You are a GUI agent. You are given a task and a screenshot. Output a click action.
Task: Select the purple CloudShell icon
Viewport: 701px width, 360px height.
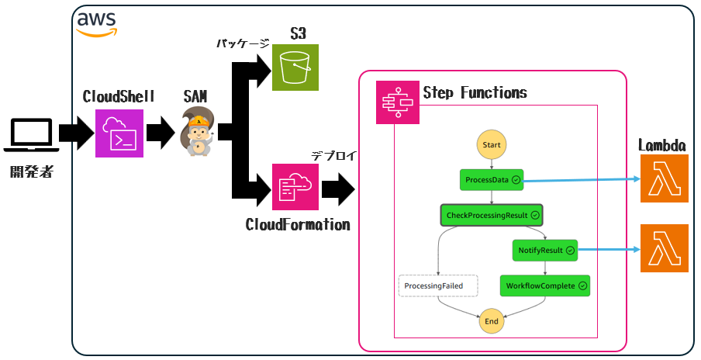point(119,133)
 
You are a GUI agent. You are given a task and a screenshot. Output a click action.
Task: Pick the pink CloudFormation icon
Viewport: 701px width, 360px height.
point(295,187)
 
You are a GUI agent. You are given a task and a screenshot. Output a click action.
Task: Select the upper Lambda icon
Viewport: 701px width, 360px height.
point(664,179)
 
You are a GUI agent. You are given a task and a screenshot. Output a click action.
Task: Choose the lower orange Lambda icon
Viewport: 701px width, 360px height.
point(664,249)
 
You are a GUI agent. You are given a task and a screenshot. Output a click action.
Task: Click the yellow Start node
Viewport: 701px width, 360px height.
point(492,144)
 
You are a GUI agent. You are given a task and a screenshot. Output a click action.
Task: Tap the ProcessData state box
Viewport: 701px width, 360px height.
point(492,180)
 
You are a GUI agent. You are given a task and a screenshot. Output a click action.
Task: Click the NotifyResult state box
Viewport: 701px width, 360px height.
point(545,250)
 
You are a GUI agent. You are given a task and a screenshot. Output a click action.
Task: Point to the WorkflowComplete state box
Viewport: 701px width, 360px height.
point(545,286)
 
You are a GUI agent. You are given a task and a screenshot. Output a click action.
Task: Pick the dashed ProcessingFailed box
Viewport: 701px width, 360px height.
point(437,286)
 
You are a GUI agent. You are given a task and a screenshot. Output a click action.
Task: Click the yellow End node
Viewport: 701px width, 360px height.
point(492,320)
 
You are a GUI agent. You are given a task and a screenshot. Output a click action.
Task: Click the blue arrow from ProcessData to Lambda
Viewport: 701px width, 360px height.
point(582,180)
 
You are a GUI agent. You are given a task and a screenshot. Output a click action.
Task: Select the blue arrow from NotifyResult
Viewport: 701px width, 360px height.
point(609,250)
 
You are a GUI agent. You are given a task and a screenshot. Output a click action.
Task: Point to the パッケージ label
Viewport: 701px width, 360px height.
point(242,44)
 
